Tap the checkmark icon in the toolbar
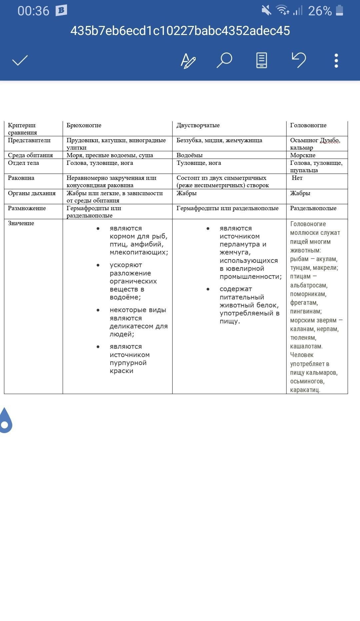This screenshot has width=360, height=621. (x=20, y=61)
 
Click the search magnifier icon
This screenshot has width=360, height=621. (x=224, y=61)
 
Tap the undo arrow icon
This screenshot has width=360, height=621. (x=299, y=60)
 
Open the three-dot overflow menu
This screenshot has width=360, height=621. (x=336, y=61)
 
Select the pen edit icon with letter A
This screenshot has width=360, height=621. (x=188, y=61)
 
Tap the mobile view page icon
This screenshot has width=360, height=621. (x=261, y=61)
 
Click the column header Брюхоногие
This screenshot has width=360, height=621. (x=84, y=125)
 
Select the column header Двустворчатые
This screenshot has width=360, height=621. (x=198, y=125)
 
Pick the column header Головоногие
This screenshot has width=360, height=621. (x=308, y=125)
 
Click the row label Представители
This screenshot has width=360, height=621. (x=29, y=140)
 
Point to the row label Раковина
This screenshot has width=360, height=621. (x=21, y=178)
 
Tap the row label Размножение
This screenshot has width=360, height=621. (x=27, y=208)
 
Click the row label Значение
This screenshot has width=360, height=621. (x=21, y=223)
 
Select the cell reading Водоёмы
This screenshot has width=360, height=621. (x=190, y=155)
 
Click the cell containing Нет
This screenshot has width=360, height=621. (x=297, y=178)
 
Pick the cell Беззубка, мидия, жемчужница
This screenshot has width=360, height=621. (x=219, y=140)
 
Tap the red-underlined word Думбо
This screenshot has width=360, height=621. (x=330, y=140)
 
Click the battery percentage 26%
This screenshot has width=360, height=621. (x=320, y=11)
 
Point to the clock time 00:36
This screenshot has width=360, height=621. (x=33, y=11)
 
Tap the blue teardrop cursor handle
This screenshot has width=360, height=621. (x=5, y=421)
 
